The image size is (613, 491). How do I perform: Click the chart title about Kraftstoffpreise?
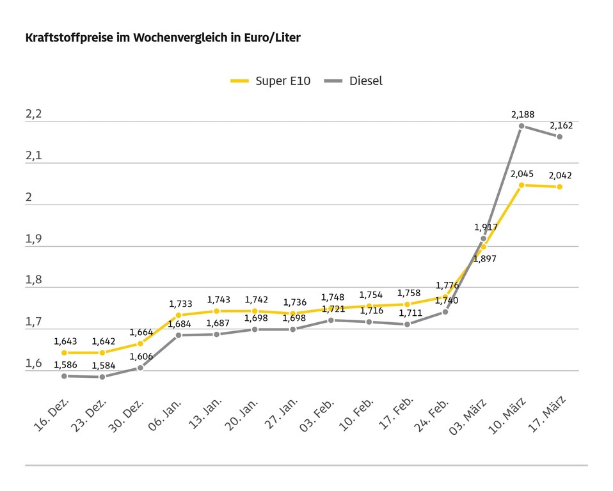coord(163,38)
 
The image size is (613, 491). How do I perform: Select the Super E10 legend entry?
coord(271,81)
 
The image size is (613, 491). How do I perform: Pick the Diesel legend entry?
coord(354,81)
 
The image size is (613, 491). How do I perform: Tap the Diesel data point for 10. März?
coord(521,126)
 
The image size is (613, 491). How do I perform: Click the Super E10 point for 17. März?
coord(559,187)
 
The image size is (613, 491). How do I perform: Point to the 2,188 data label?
coord(522,114)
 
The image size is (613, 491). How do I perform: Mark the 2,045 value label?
coord(522,173)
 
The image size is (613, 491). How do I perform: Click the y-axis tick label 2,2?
coord(33,114)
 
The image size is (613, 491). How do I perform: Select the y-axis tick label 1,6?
coord(33,364)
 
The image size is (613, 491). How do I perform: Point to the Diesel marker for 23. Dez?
coord(102,377)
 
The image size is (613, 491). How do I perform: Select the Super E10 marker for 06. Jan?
coord(179,315)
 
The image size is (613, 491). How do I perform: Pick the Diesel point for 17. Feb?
coord(407,324)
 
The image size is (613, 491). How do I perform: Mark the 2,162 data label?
coord(561,125)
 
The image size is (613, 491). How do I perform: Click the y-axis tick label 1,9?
coord(33,239)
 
